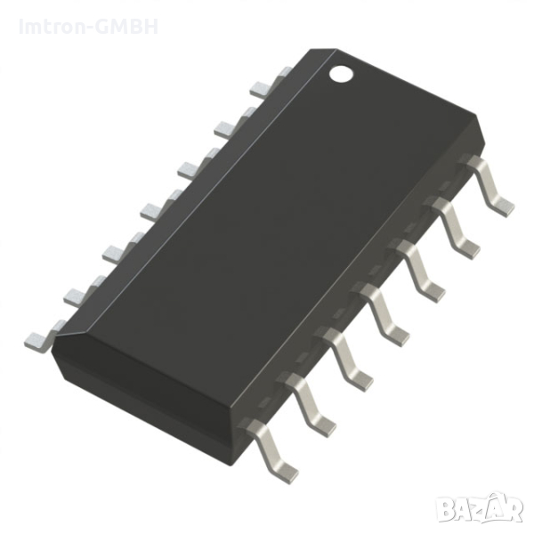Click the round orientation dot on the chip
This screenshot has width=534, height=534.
pyautogui.click(x=343, y=73)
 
